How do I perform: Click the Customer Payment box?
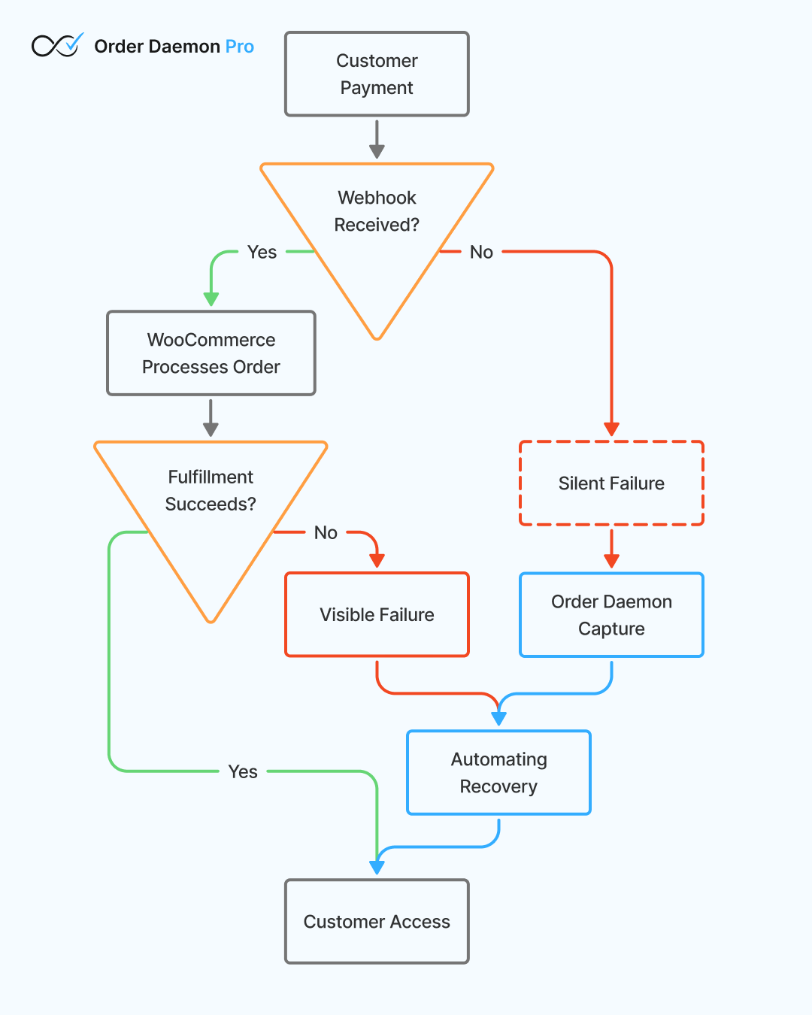point(377,74)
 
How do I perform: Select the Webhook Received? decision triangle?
point(377,226)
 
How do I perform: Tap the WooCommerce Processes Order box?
point(211,353)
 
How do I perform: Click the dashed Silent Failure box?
point(611,483)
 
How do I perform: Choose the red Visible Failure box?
point(377,614)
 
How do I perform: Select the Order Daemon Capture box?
point(611,614)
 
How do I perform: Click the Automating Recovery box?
point(498,772)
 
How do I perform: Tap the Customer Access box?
point(377,921)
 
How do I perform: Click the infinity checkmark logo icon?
point(57,46)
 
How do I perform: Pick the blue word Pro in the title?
point(240,47)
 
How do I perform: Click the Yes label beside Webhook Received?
point(262,252)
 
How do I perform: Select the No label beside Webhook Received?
point(481,252)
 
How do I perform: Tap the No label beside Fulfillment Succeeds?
point(326,532)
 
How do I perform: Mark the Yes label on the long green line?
point(243,771)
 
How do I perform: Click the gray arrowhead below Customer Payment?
point(377,151)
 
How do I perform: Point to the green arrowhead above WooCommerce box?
point(211,298)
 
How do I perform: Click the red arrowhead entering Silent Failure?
point(611,429)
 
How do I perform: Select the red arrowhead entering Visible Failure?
point(377,561)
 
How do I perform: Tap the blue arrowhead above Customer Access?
point(377,867)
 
